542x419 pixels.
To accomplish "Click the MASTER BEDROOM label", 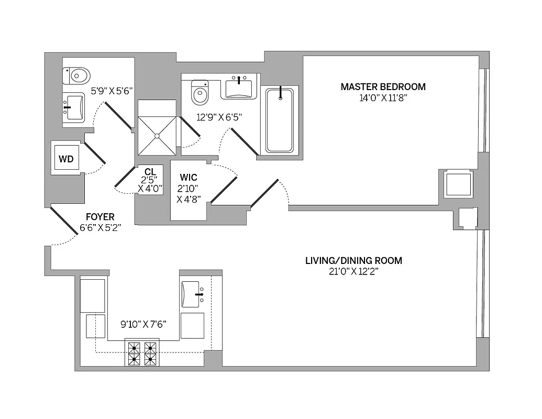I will [383, 87].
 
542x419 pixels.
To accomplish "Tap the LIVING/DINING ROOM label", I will [353, 260].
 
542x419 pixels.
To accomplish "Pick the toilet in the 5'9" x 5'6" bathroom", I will [76, 76].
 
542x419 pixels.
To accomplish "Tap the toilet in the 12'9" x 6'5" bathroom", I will [200, 93].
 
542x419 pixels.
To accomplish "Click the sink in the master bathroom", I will [239, 87].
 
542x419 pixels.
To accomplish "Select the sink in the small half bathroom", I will [73, 107].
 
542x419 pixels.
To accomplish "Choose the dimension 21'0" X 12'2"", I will [353, 272].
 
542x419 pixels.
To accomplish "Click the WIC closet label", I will [188, 178].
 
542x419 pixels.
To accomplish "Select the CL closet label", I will [150, 171].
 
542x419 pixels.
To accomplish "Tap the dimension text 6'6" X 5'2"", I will [97, 227].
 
